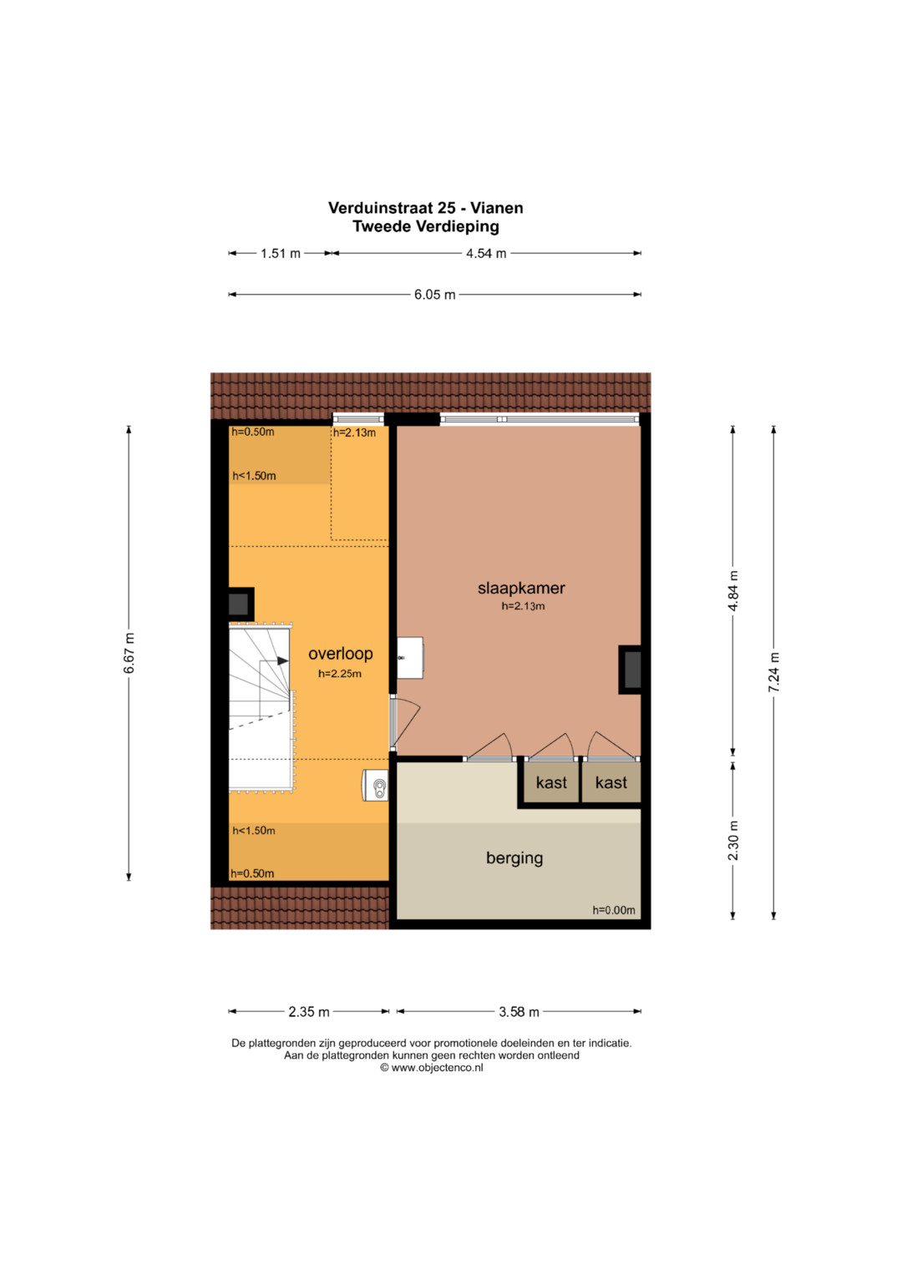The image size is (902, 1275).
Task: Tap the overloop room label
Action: (x=341, y=654)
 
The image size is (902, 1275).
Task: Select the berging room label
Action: (x=514, y=858)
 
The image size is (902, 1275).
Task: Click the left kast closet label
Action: (x=551, y=782)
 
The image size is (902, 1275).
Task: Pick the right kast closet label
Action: (x=611, y=782)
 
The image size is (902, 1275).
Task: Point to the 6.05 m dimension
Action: (x=434, y=295)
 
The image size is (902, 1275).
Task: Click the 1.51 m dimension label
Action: (x=280, y=253)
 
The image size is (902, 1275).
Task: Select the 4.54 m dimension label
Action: (x=486, y=253)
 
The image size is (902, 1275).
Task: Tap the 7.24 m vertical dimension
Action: (x=774, y=672)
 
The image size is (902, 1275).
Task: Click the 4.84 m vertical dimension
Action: (x=733, y=591)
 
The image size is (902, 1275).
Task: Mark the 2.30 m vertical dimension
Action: (x=733, y=841)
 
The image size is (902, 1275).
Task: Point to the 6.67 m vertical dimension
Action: (x=129, y=653)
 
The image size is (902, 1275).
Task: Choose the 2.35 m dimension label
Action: (x=309, y=1011)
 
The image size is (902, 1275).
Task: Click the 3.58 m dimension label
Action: (x=519, y=1011)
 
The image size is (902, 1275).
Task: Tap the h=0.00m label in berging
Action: (x=614, y=910)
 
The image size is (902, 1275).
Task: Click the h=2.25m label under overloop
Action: (x=339, y=674)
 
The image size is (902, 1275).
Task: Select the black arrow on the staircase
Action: (x=283, y=660)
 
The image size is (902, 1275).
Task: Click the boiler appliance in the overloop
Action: (x=375, y=786)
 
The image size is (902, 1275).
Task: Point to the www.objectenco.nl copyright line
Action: (x=431, y=1068)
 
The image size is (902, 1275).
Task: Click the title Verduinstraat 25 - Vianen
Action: (x=425, y=208)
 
